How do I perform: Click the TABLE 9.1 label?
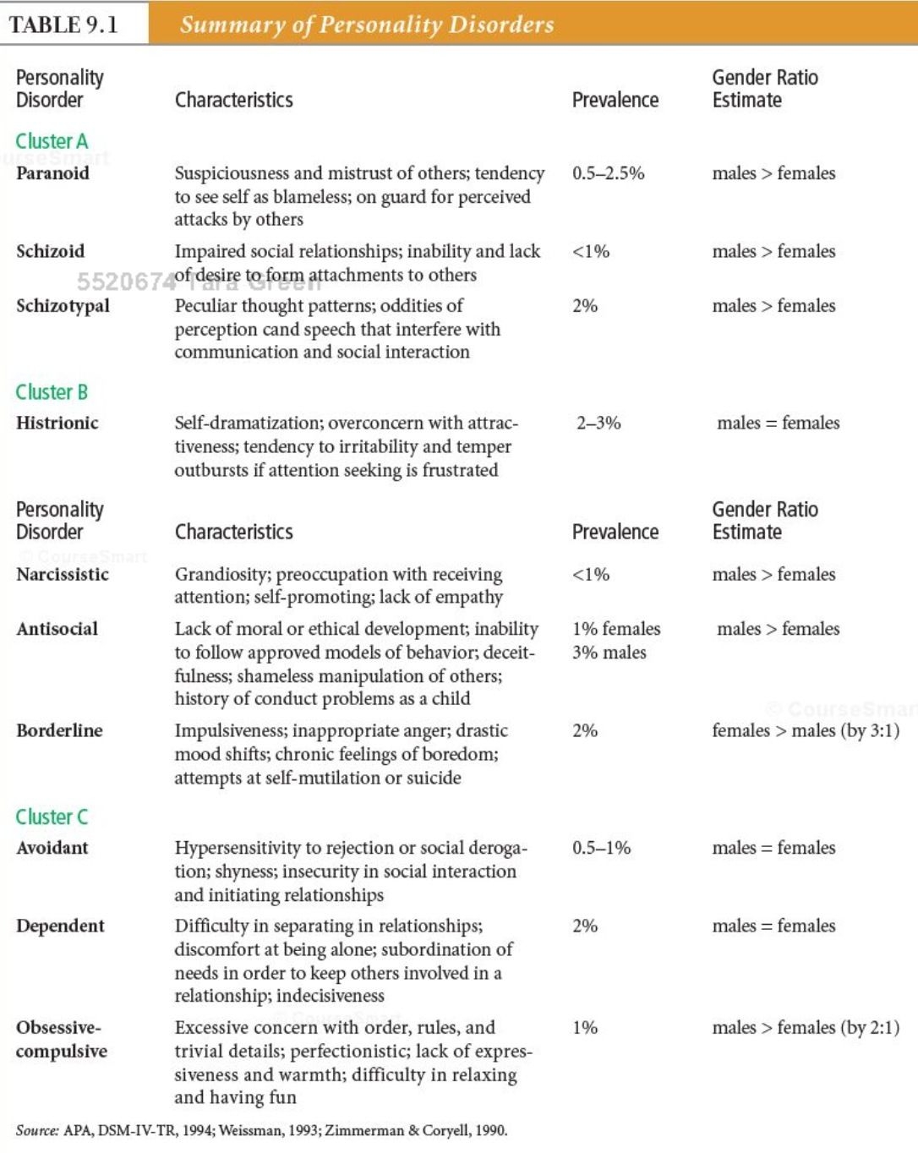coord(63,25)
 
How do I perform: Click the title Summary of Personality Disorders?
coord(367,25)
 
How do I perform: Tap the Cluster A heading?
coord(52,141)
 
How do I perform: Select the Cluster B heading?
coord(52,392)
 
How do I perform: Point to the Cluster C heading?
coord(52,817)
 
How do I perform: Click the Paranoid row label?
coord(52,173)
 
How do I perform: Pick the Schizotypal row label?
coord(63,306)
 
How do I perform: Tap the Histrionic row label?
coord(57,423)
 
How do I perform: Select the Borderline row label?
coord(59,730)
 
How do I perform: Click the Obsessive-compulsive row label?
coord(61,1040)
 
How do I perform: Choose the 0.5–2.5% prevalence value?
coord(608,173)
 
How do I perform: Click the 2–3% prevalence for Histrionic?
coord(598,423)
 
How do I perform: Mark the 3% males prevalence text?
coord(609,653)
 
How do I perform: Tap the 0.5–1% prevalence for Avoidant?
coord(601,848)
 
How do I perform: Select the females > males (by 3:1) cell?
coord(805,730)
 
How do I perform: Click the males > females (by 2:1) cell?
coord(805,1028)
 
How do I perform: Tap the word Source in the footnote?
coord(37,1131)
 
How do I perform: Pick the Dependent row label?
coord(60,926)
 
